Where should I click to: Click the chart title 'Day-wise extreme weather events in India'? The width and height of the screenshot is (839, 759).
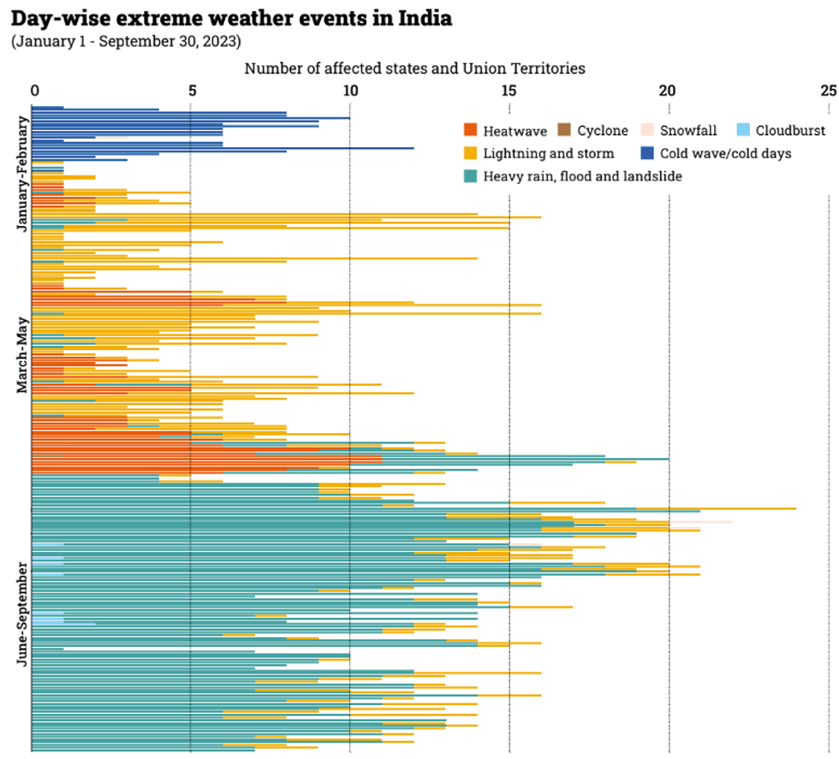tap(231, 18)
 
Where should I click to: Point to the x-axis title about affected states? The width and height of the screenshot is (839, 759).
tap(414, 68)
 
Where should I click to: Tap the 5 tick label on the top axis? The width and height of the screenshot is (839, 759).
tap(192, 90)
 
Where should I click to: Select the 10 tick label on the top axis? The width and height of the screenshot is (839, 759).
tap(349, 90)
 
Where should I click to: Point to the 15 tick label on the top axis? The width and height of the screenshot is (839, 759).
tap(509, 90)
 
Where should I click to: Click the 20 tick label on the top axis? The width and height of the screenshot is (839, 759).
tap(668, 90)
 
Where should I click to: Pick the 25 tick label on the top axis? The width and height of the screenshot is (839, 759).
tap(827, 90)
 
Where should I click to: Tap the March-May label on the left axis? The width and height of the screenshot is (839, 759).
tap(23, 354)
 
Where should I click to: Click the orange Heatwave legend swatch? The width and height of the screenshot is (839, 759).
tap(469, 131)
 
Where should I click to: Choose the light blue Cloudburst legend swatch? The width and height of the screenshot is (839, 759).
tap(743, 131)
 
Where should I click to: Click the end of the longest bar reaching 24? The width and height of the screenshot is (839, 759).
tap(795, 508)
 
